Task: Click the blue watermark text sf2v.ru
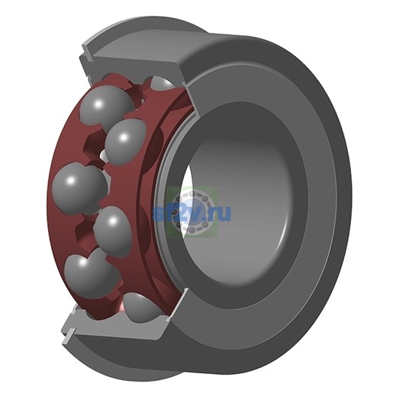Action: click(x=192, y=213)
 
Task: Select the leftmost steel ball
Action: click(x=79, y=188)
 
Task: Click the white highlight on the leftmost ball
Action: click(x=70, y=181)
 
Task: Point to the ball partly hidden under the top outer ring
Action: click(x=163, y=83)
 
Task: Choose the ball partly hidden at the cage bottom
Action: click(x=141, y=307)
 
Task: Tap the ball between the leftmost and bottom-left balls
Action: click(x=112, y=231)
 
